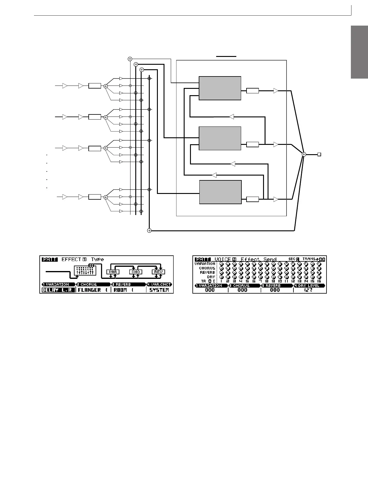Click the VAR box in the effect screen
point(113,272)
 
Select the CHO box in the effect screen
point(136,272)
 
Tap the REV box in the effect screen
point(158,272)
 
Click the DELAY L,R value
point(57,290)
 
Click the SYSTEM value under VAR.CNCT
point(159,290)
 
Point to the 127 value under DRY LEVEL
point(308,290)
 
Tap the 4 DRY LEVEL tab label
point(309,285)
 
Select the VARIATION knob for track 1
point(221,264)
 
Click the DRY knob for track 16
point(319,277)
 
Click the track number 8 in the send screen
point(267,281)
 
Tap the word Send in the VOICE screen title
point(270,259)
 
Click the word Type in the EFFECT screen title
point(98,259)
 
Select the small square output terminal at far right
point(319,154)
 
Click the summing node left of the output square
point(304,154)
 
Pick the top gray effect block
point(220,88)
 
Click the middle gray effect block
point(220,138)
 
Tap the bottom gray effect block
point(220,192)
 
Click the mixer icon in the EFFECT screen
point(85,270)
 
